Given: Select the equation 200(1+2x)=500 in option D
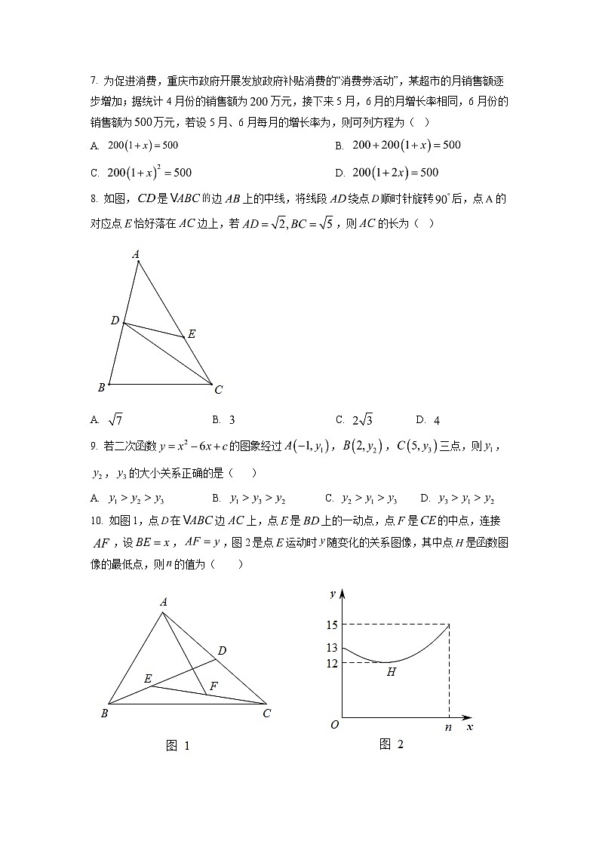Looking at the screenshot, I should [x=395, y=173].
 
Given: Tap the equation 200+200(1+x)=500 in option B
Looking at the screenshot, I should [x=407, y=145].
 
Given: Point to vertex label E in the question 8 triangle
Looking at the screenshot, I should [x=192, y=334].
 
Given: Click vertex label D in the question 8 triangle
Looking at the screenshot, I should [x=115, y=321].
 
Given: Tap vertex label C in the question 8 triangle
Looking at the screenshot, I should [x=218, y=390].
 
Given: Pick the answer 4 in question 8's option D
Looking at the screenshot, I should [x=437, y=420].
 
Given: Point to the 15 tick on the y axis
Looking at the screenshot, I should [x=332, y=625].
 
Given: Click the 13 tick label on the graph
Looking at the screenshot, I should [x=332, y=648].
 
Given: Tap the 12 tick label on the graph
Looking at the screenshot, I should [x=332, y=663].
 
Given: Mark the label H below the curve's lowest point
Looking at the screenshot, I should [x=391, y=672].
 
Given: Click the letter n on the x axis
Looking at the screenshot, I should [x=450, y=728].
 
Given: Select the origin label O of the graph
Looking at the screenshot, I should [x=333, y=725].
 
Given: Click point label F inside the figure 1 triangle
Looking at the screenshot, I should [x=214, y=686].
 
